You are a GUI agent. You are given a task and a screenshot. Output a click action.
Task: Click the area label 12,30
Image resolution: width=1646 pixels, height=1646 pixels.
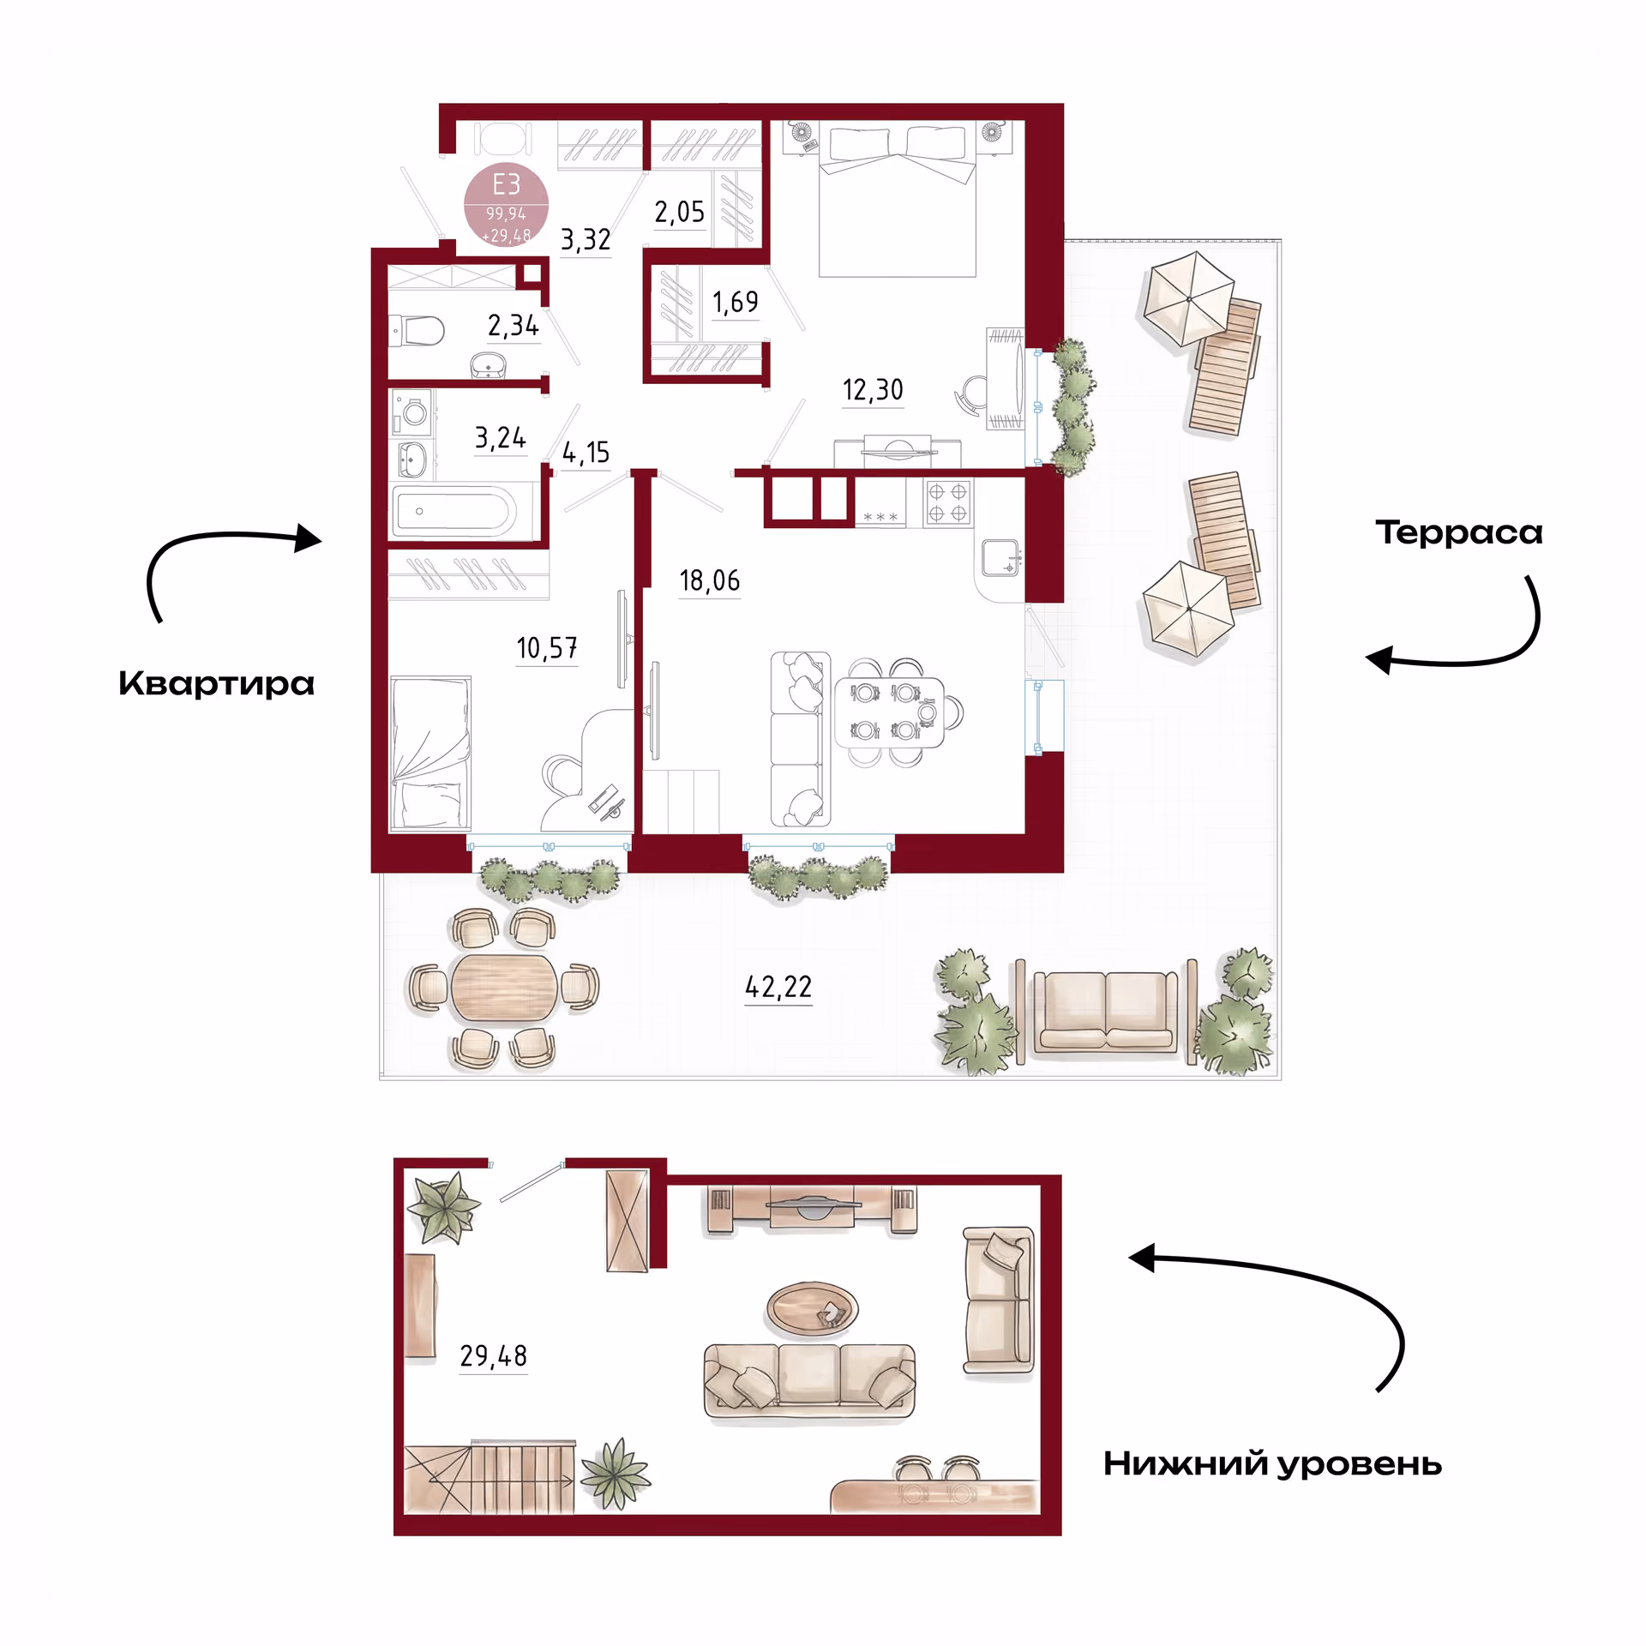[873, 390]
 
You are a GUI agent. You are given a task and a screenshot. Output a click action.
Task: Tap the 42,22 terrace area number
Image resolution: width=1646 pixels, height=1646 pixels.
[778, 987]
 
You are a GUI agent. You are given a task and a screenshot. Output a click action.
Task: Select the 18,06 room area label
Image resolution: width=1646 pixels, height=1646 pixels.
[710, 580]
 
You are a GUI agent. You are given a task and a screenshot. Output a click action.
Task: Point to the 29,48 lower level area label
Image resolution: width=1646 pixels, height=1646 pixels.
[494, 1355]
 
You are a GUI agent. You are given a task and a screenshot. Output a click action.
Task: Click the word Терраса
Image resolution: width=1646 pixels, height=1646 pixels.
[1459, 532]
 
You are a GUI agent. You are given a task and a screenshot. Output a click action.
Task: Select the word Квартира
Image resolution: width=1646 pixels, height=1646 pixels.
[217, 683]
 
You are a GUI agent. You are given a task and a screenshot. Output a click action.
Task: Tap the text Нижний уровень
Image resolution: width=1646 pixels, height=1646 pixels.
[1272, 1464]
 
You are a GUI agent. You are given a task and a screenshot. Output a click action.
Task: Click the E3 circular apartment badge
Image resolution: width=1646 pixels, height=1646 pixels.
[506, 204]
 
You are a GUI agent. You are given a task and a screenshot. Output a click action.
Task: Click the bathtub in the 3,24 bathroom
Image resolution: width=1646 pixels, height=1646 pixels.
[454, 512]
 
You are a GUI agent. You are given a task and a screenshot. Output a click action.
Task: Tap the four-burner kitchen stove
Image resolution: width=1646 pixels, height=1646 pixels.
[947, 502]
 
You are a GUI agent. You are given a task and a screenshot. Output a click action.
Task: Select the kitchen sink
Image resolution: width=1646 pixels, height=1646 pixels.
[1000, 557]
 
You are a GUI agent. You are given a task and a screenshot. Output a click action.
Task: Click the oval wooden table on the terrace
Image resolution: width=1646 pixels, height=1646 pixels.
[504, 988]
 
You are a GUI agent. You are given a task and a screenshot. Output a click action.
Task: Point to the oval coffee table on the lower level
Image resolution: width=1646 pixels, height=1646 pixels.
[812, 1309]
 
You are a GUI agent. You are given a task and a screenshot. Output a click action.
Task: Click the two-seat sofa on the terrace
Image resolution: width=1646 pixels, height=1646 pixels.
[1105, 1012]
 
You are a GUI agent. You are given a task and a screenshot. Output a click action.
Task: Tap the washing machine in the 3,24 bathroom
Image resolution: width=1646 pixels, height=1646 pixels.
[413, 412]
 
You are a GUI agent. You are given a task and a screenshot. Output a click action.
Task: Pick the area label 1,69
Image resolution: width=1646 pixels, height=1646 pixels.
[736, 302]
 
